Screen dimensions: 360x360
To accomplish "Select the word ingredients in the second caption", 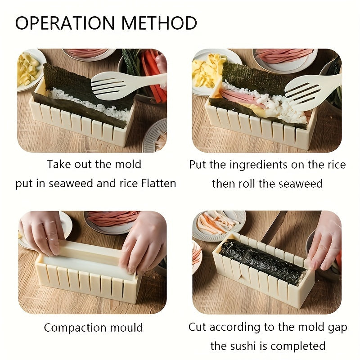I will [x=255, y=165].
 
